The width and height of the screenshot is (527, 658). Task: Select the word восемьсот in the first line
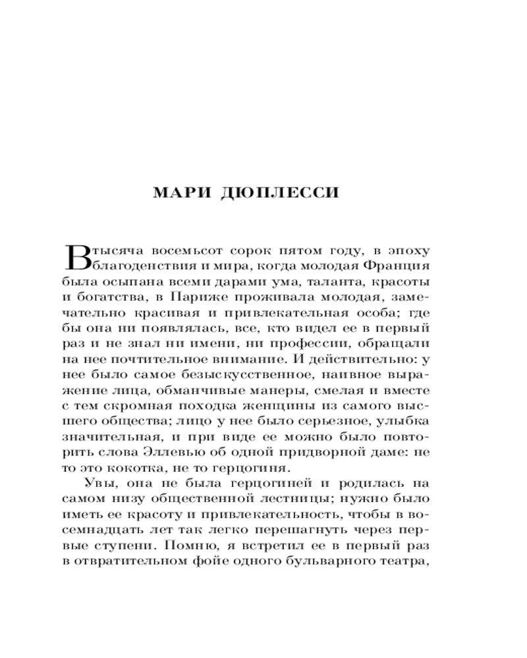[x=182, y=251]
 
